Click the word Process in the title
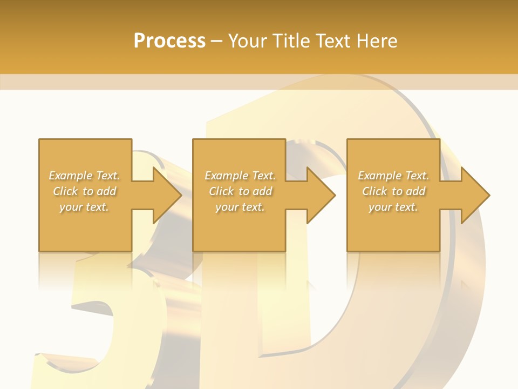(x=169, y=41)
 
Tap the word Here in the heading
(x=376, y=41)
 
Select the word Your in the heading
(x=249, y=41)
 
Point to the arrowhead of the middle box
(x=324, y=195)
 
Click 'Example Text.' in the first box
(x=84, y=176)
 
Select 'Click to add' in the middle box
(x=240, y=191)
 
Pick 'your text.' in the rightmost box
(x=393, y=207)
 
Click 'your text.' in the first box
(x=84, y=207)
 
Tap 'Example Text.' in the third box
(x=393, y=176)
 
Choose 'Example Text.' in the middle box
(x=240, y=176)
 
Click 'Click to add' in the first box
(x=84, y=191)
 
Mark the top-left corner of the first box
(x=39, y=139)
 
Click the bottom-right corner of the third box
(x=439, y=251)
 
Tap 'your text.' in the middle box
(x=240, y=207)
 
